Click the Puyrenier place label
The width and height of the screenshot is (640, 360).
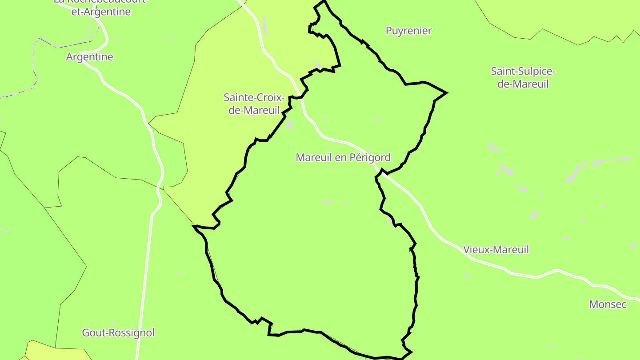pos(408,31)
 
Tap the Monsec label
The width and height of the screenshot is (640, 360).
pos(608,304)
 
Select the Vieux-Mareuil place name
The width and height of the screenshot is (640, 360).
pos(496,249)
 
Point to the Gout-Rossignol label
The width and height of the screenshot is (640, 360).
pos(118,332)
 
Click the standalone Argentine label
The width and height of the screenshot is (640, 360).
pos(89,57)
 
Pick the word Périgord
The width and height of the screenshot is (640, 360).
pos(369,157)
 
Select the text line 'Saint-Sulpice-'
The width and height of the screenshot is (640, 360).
pos(523,71)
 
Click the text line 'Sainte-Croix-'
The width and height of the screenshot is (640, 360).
pos(254,97)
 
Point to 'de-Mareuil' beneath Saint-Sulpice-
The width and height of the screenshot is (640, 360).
pos(523,84)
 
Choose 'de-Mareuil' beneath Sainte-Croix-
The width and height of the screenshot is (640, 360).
pos(254,110)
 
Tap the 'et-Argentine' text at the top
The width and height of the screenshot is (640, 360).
pos(101,12)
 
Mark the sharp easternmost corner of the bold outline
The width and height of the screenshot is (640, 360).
pos(446,93)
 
